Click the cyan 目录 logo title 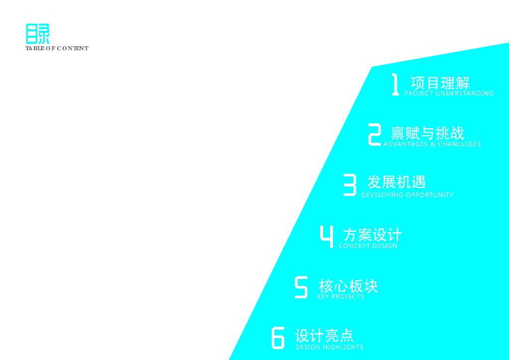click(x=38, y=34)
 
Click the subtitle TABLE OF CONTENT click(x=57, y=48)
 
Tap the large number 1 click(x=395, y=85)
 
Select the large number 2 click(x=374, y=135)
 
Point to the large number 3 click(x=350, y=185)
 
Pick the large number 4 click(x=327, y=236)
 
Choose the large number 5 click(x=301, y=287)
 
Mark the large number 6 click(x=278, y=338)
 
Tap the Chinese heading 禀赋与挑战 click(x=427, y=133)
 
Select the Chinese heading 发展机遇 click(x=396, y=181)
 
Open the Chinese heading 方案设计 click(x=372, y=234)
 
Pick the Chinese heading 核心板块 click(x=348, y=286)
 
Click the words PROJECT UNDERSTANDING click(x=449, y=93)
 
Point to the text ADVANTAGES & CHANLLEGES click(x=432, y=144)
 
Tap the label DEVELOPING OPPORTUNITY click(x=407, y=195)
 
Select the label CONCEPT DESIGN click(x=368, y=246)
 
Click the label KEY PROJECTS click(x=340, y=296)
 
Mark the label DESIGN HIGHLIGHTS click(x=330, y=347)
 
